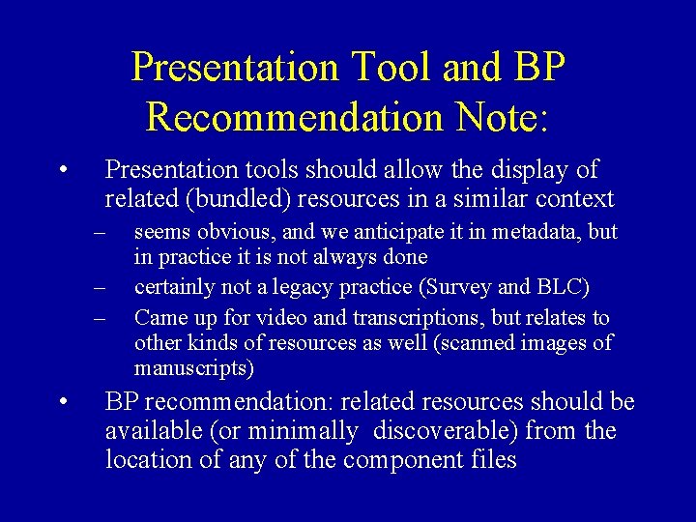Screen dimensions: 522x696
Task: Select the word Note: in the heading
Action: pyautogui.click(x=493, y=116)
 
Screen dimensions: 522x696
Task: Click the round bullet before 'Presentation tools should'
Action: pyautogui.click(x=62, y=170)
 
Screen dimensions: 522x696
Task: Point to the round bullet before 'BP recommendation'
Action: pyautogui.click(x=62, y=401)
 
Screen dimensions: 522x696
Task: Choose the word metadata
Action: pyautogui.click(x=544, y=232)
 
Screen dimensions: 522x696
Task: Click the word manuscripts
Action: pyautogui.click(x=191, y=368)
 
